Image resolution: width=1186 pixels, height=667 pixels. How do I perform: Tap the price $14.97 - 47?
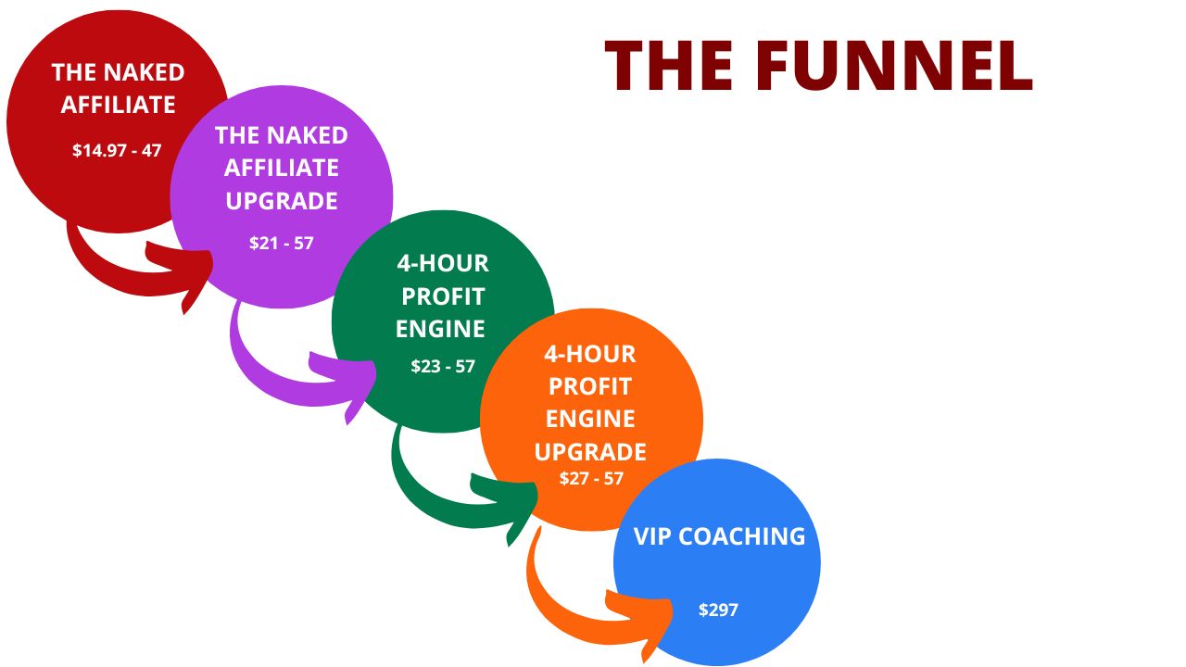click(x=117, y=149)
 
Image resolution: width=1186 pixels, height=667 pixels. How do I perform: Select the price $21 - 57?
click(x=282, y=243)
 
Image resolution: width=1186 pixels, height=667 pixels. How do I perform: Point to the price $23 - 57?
click(x=443, y=366)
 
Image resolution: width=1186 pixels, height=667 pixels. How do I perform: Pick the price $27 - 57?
click(x=591, y=479)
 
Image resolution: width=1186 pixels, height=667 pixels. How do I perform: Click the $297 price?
click(x=718, y=610)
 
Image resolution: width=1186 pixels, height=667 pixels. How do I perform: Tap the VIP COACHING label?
click(x=719, y=536)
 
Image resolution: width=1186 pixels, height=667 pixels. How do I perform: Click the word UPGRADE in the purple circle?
click(x=282, y=201)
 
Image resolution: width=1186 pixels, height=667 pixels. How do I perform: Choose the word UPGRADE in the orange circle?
click(x=590, y=452)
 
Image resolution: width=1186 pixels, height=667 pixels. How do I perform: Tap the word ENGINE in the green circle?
click(x=440, y=329)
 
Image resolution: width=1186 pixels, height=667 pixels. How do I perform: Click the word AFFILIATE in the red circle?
click(x=118, y=105)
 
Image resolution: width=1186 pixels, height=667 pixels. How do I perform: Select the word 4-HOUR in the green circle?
click(x=443, y=264)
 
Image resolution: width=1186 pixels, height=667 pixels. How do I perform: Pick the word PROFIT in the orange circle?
click(x=591, y=386)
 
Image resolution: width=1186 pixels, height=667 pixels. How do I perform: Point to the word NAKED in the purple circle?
click(x=307, y=135)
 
